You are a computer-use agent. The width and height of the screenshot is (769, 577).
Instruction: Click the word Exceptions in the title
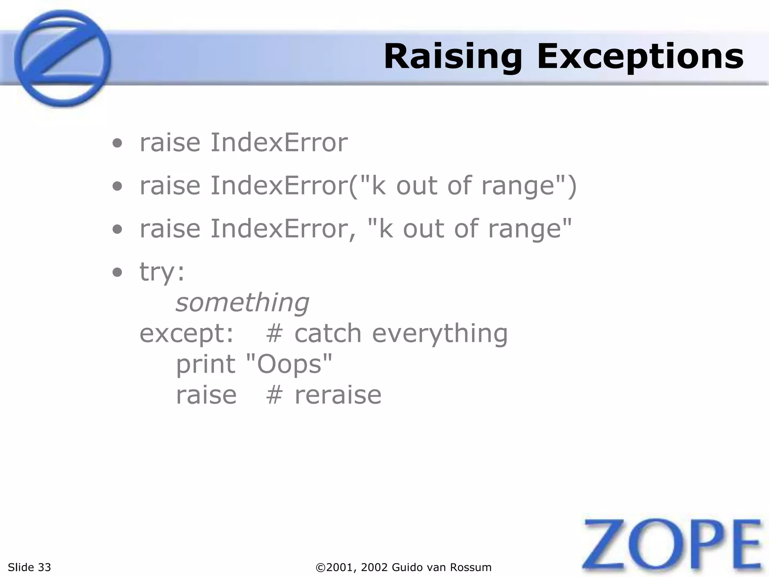[x=640, y=57]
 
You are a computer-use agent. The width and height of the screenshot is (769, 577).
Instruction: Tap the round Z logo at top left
[x=62, y=58]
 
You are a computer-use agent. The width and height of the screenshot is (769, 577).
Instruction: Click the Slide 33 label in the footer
[x=29, y=567]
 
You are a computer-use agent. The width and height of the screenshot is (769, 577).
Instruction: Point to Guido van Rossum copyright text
[x=404, y=567]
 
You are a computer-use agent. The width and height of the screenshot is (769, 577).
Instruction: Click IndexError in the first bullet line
[x=279, y=143]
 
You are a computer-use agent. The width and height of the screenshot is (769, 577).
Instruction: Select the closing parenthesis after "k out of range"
[x=571, y=187]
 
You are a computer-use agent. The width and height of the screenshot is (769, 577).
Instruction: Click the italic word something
[x=242, y=303]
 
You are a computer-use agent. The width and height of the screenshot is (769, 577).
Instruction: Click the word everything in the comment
[x=440, y=334]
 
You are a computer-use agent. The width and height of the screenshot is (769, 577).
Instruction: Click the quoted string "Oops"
[x=289, y=364]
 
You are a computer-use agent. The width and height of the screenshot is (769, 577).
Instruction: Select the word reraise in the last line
[x=338, y=395]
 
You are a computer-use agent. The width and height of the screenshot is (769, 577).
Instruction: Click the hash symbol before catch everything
[x=274, y=334]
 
